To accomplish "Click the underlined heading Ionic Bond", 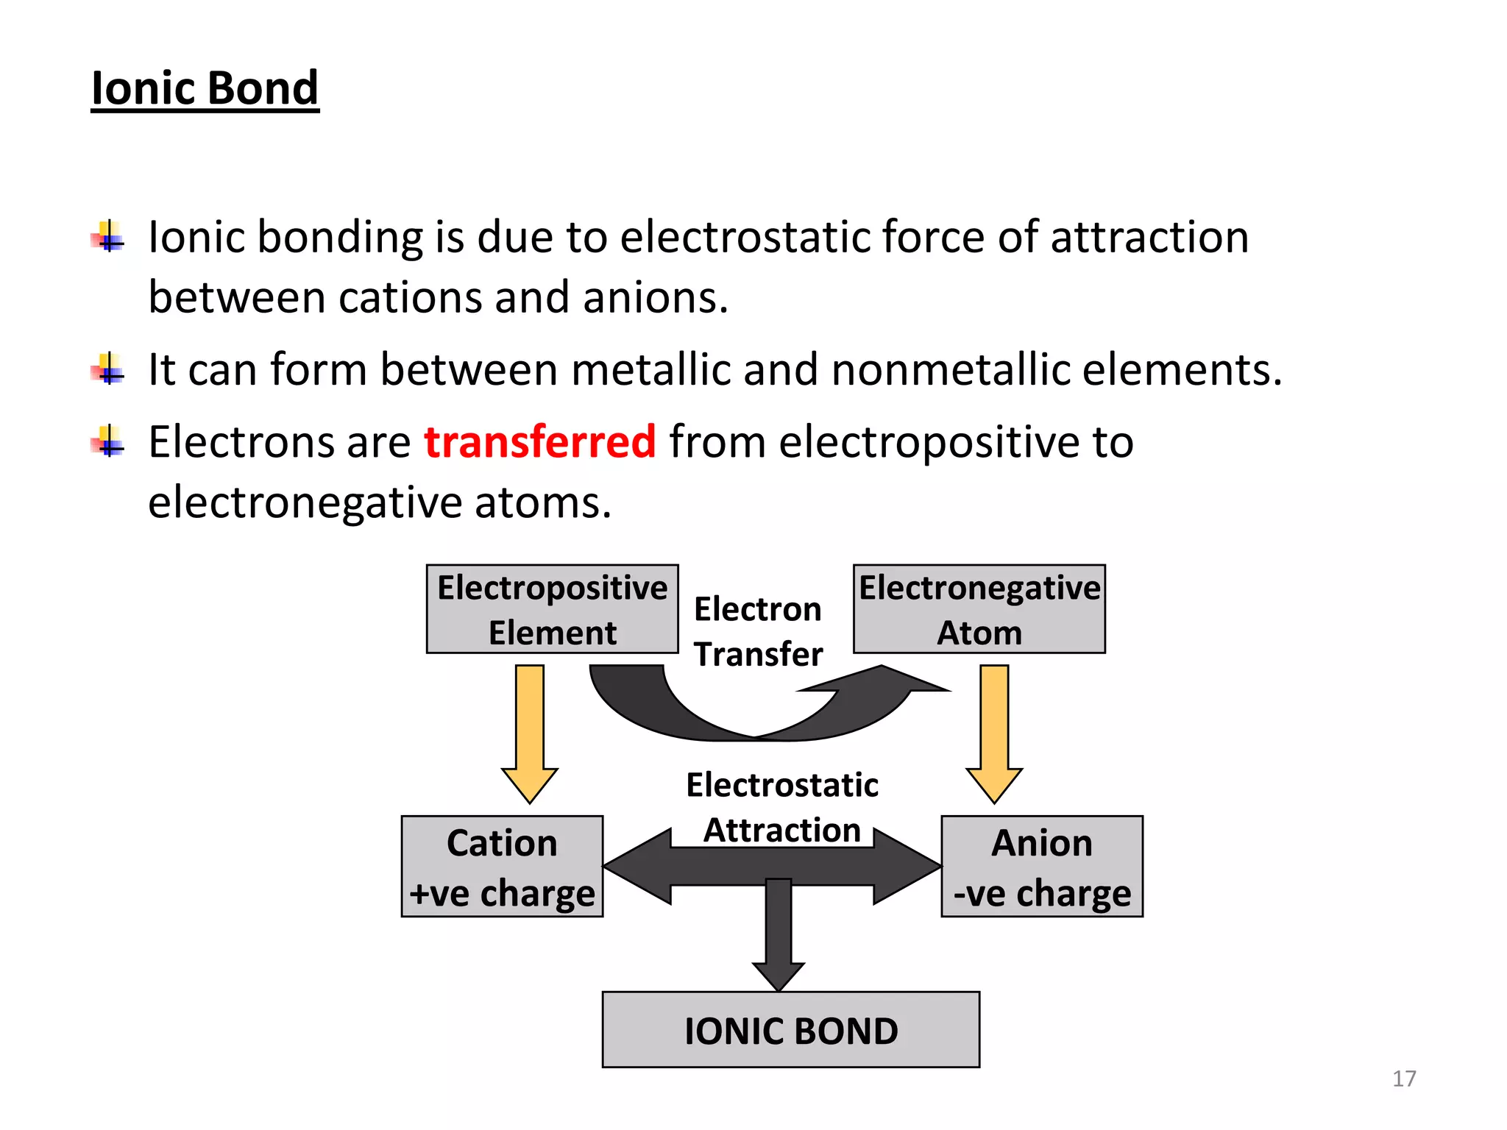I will point(205,88).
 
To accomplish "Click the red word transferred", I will point(539,441).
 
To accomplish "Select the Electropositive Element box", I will point(552,609).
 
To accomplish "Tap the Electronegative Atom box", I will point(979,609).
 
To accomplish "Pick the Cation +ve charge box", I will point(502,867).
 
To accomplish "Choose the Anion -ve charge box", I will point(1042,867).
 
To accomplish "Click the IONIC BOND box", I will point(791,1030).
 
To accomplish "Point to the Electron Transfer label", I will point(758,631).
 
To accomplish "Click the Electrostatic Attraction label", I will point(782,807).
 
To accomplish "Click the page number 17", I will point(1404,1079).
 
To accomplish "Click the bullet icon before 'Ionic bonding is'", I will point(109,237).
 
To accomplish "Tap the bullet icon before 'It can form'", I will point(109,369).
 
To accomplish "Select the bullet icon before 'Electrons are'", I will point(109,441).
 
